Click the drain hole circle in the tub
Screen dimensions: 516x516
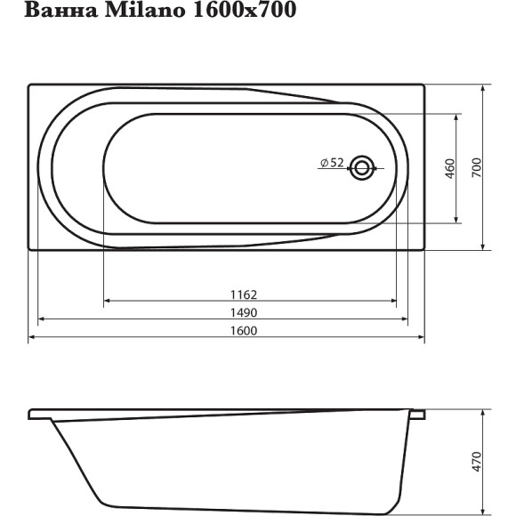(362, 166)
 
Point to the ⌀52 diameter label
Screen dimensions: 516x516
(331, 162)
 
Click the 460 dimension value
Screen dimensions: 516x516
(449, 167)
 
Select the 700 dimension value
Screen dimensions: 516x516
(475, 167)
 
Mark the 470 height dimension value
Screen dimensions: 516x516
(475, 462)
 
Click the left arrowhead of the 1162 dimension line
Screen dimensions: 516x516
(108, 302)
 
